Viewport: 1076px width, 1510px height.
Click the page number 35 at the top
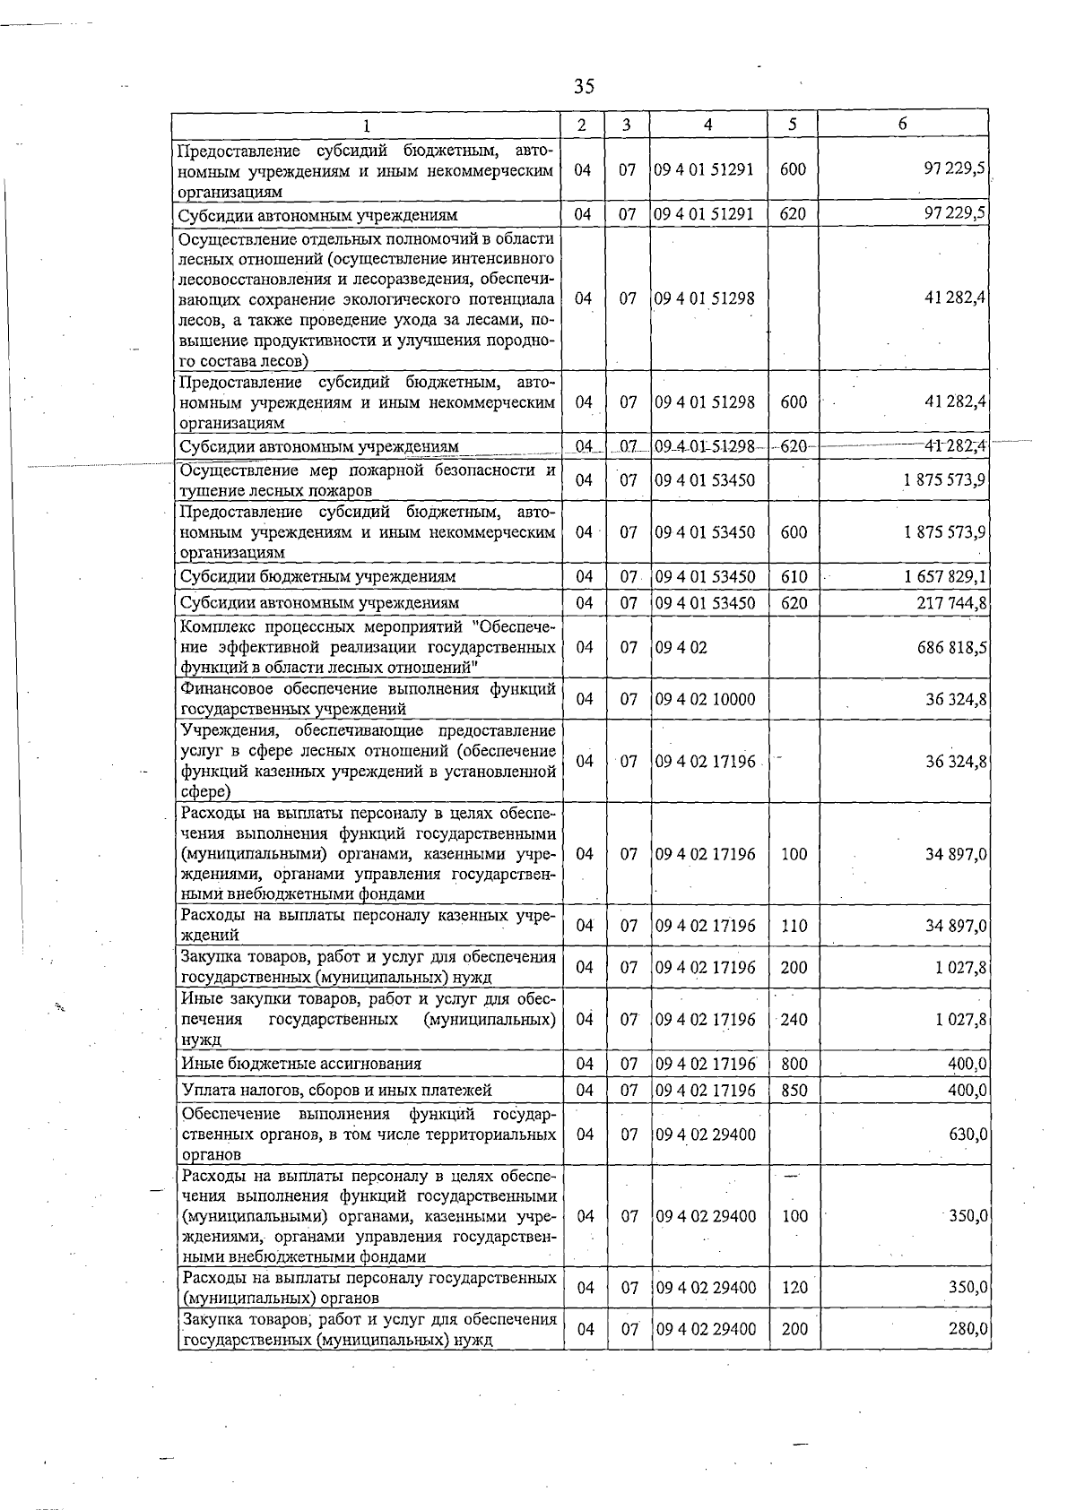tap(584, 86)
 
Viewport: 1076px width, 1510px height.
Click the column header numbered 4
tap(707, 125)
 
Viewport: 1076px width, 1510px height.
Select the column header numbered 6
tap(902, 124)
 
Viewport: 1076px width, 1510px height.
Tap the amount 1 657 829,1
tap(945, 576)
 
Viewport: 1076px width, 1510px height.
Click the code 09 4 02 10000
tap(705, 699)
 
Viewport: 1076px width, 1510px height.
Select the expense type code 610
tap(794, 576)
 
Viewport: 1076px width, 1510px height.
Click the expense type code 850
tap(794, 1091)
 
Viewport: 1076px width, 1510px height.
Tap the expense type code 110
tap(794, 926)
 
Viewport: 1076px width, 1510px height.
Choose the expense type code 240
tap(794, 1020)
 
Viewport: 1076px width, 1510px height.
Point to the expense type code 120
tap(794, 1288)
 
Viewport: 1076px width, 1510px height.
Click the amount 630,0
tap(968, 1135)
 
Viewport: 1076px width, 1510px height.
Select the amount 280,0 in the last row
tap(968, 1329)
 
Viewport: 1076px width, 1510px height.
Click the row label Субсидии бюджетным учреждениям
tap(317, 576)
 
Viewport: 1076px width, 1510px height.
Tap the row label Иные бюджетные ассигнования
tap(301, 1064)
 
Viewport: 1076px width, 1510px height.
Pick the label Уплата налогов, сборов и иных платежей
tap(336, 1091)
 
